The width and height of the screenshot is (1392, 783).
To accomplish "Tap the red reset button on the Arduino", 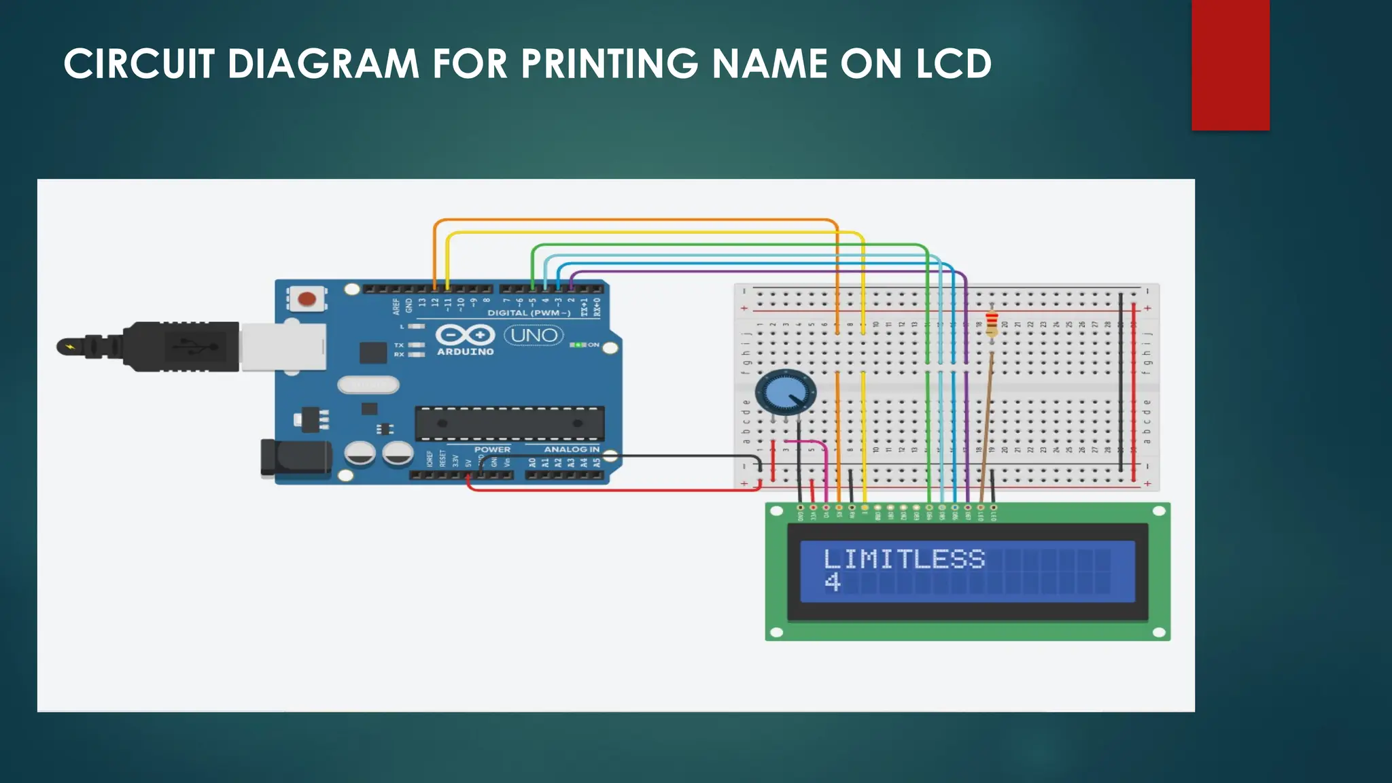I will [x=307, y=299].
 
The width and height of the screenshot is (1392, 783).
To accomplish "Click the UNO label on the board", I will [x=534, y=335].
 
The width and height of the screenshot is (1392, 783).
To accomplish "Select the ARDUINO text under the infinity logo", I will [x=466, y=352].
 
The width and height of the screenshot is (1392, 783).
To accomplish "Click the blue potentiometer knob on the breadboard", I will [x=785, y=392].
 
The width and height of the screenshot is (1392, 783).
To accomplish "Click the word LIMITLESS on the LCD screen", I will [x=904, y=559].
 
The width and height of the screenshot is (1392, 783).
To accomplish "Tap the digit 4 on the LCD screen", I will [x=833, y=582].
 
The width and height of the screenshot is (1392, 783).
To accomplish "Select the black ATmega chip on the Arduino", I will [x=509, y=423].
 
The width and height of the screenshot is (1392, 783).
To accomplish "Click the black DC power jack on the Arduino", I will [x=296, y=457].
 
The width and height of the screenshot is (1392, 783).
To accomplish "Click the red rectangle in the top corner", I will [x=1230, y=65].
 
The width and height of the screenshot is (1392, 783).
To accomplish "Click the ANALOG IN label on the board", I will [x=571, y=449].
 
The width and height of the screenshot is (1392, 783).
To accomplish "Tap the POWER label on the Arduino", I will [x=492, y=449].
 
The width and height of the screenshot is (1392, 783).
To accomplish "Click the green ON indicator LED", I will [x=578, y=345].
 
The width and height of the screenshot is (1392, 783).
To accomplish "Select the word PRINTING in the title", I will [x=610, y=65].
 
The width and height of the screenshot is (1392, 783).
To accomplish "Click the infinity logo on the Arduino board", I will [x=465, y=335].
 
